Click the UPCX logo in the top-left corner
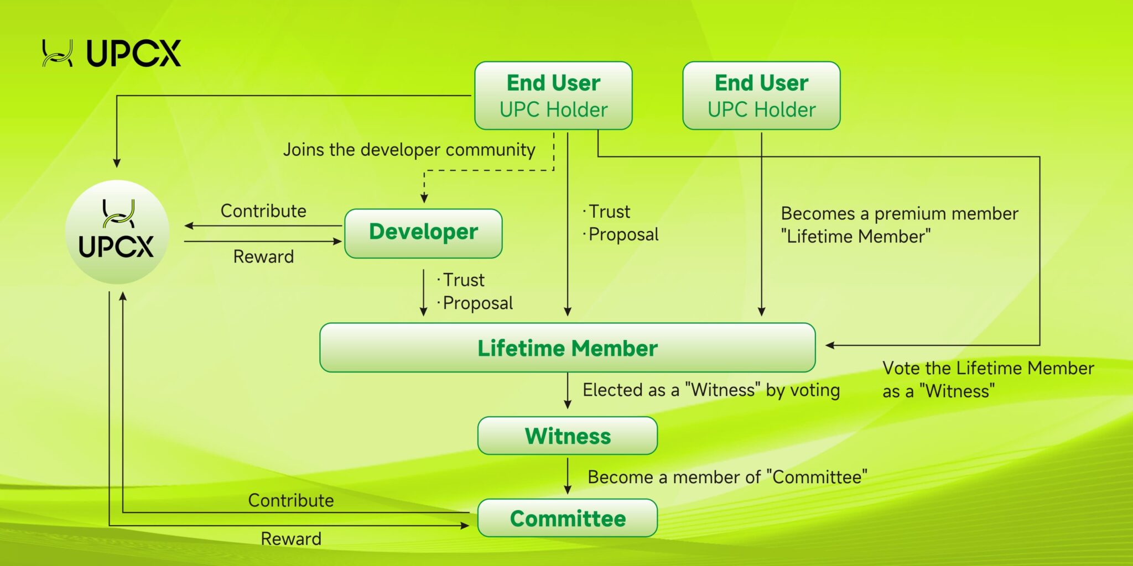click(112, 53)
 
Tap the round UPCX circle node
click(117, 232)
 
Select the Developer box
click(423, 233)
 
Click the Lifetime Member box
click(567, 348)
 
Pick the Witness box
click(567, 436)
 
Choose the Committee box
click(567, 518)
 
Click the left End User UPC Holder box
click(553, 96)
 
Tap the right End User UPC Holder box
click(761, 96)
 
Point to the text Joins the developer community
click(409, 150)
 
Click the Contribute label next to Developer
click(263, 211)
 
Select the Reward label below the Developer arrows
click(263, 256)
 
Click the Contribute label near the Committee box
click(290, 500)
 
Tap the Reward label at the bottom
click(290, 538)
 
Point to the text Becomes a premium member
click(899, 213)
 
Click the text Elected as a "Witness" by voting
click(711, 390)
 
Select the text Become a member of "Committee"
click(727, 476)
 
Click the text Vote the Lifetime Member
click(988, 368)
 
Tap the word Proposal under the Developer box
click(478, 303)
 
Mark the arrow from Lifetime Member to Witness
click(567, 391)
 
